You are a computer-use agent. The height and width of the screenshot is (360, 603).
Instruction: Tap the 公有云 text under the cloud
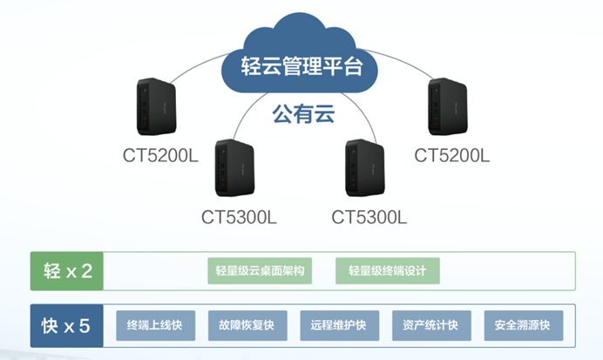point(302,113)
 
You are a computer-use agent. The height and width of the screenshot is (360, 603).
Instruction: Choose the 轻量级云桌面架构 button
point(259,271)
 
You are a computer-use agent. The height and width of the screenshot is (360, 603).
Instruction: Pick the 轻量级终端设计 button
point(387,271)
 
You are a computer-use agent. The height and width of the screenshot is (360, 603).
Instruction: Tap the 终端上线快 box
point(155,326)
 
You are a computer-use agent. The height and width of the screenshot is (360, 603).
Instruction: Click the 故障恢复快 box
point(247,326)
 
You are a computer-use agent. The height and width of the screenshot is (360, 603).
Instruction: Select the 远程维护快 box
point(339,326)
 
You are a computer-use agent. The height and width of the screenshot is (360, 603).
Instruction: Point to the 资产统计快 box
point(430,326)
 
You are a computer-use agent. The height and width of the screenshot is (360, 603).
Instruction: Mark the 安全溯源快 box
point(523,326)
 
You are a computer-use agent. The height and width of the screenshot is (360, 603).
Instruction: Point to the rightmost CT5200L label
point(452,156)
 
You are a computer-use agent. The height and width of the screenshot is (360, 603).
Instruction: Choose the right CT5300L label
point(369,215)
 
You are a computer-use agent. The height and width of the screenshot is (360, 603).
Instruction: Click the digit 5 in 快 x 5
point(85,327)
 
